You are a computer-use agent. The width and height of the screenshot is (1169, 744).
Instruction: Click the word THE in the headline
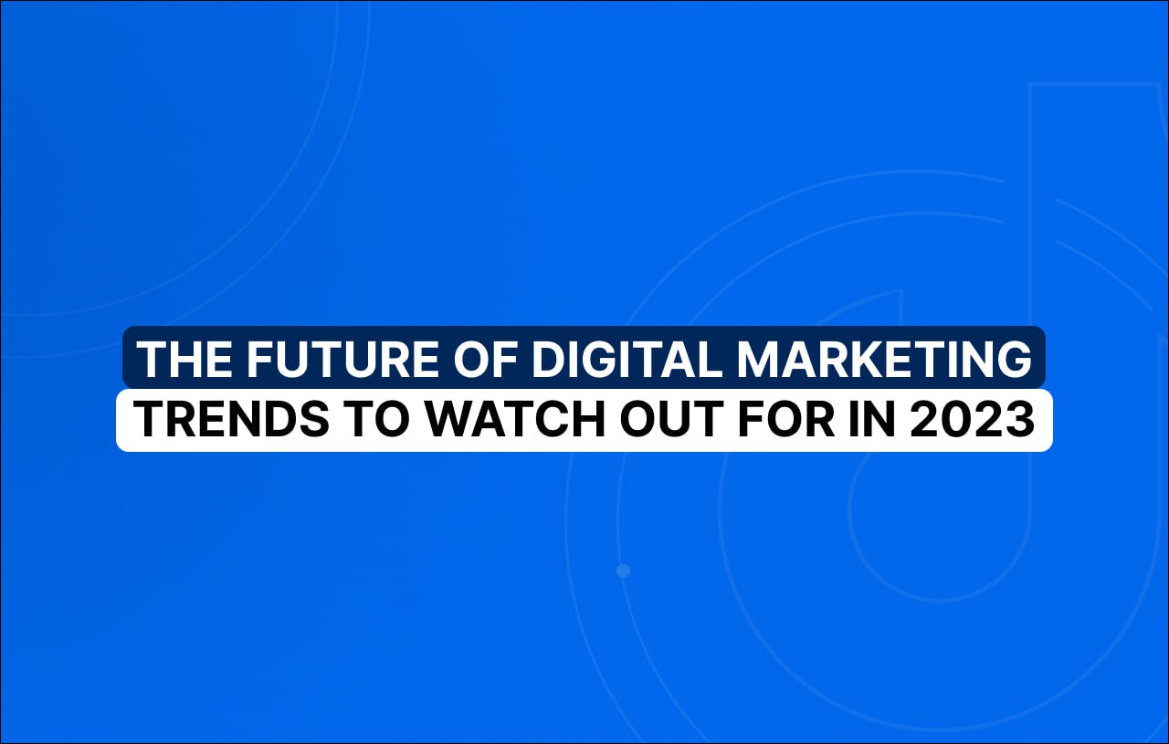[184, 359]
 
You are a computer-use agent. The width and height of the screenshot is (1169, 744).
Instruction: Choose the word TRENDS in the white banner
[231, 419]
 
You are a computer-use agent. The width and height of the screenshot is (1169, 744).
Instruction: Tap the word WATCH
[516, 419]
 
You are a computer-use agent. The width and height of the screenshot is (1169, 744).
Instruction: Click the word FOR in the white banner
[785, 419]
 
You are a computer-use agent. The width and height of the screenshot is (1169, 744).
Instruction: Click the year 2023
[973, 419]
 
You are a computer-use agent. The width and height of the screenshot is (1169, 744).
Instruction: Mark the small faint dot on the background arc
[623, 571]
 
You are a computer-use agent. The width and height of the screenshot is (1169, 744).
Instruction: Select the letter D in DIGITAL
[548, 359]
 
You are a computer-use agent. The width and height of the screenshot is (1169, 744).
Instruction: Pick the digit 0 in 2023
[956, 419]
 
